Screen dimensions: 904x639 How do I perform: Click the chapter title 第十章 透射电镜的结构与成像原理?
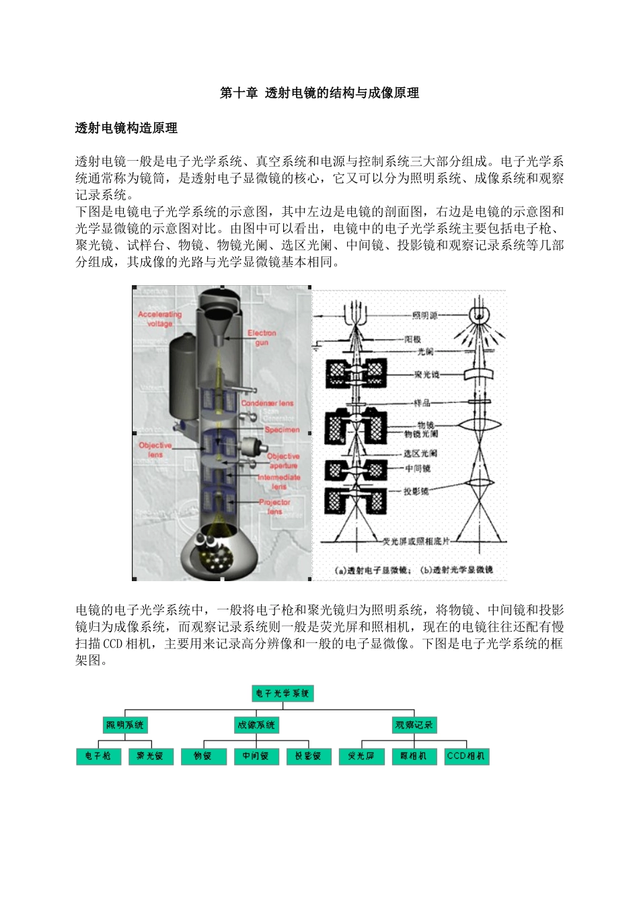coord(319,93)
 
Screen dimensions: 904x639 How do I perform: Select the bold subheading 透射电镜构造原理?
coord(126,128)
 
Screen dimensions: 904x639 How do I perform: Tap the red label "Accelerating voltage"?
coord(159,319)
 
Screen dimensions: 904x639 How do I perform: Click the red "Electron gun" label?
coord(262,338)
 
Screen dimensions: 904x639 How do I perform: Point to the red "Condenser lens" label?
coord(268,404)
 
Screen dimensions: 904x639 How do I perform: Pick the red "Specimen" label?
coord(282,429)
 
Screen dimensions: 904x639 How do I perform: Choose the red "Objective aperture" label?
coord(283,461)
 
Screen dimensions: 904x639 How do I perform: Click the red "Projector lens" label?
coord(274,506)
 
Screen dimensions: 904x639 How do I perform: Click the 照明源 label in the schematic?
coord(424,315)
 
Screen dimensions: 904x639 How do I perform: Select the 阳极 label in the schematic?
coord(412,339)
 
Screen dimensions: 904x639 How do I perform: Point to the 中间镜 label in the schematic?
coord(417,468)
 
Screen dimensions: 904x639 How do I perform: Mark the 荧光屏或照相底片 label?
coord(416,541)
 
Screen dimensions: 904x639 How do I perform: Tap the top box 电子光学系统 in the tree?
coord(283,693)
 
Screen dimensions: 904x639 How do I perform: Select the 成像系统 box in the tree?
coord(256,724)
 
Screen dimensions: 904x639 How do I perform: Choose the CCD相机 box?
coord(466,756)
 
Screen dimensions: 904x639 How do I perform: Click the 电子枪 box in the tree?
coord(98,756)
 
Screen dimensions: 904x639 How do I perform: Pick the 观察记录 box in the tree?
coord(414,724)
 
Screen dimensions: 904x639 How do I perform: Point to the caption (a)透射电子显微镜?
coord(371,570)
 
